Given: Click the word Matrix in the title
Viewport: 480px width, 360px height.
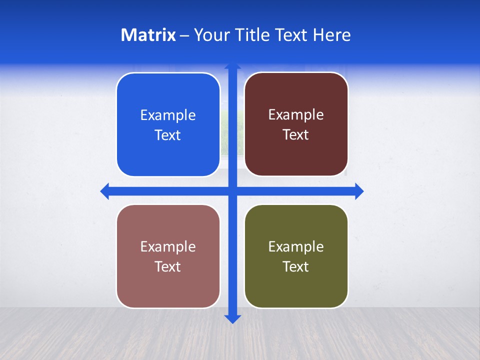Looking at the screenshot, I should coord(148,35).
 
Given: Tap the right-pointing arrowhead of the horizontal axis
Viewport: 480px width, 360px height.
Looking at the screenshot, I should coord(358,191).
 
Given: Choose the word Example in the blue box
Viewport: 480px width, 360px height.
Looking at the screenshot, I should coord(168,115).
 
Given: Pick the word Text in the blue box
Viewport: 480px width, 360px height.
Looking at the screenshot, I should coord(168,135).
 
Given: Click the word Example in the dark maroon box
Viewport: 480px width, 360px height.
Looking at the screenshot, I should coord(296,115).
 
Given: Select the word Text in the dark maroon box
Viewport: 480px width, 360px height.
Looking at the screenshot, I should coord(296,135).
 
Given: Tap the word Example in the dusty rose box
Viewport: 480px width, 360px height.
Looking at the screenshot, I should coord(168,247).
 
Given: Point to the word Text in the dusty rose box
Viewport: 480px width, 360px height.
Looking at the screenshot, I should coord(168,267).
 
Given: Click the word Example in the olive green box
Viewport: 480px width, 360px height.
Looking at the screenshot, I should coord(296,247).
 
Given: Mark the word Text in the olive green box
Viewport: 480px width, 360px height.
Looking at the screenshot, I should coord(296,267).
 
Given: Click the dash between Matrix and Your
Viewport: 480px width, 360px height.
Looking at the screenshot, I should coord(184,35).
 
